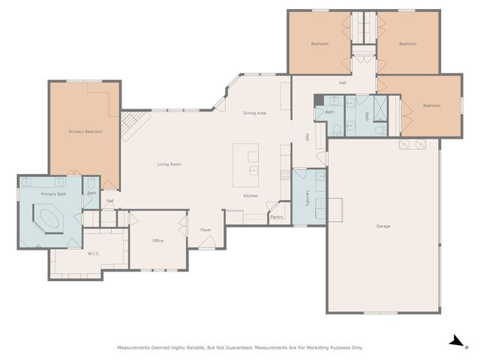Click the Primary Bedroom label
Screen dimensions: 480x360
(x=85, y=132)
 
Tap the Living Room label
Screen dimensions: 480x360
(x=169, y=164)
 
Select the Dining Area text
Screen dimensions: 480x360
(x=254, y=113)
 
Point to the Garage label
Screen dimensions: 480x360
(x=383, y=226)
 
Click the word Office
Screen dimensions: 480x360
(x=158, y=241)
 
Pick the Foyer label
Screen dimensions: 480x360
(x=205, y=230)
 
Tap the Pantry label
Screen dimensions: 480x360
(x=277, y=217)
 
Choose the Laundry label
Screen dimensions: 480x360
(x=307, y=198)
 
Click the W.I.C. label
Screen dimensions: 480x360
(x=93, y=253)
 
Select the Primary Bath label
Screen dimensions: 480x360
(x=53, y=194)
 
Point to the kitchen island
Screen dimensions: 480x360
(x=245, y=165)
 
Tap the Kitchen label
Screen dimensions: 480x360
(x=250, y=196)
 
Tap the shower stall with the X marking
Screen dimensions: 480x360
(x=380, y=109)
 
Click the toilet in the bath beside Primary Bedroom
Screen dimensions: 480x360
(x=91, y=183)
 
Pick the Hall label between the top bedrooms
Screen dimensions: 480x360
(x=343, y=82)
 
